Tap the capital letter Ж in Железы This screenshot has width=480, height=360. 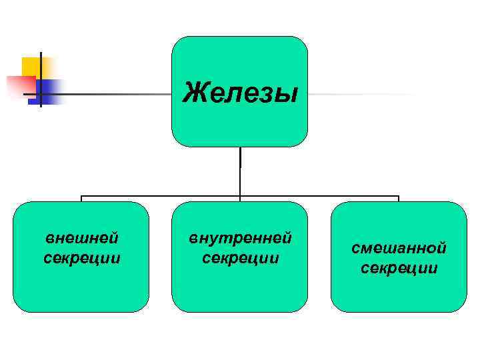[x=193, y=91]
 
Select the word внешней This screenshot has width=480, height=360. [x=81, y=238]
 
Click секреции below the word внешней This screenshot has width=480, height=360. [x=81, y=257]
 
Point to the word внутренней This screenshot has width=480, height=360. [x=240, y=238]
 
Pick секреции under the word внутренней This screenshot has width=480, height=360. [x=240, y=257]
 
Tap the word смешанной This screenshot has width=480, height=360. [x=399, y=249]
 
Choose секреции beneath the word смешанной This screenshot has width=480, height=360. [x=399, y=268]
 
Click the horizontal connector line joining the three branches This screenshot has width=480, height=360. [x=160, y=197]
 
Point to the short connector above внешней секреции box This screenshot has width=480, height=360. [x=81, y=199]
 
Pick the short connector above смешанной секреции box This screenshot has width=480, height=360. [x=399, y=199]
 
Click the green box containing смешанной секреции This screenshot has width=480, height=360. [x=399, y=293]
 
